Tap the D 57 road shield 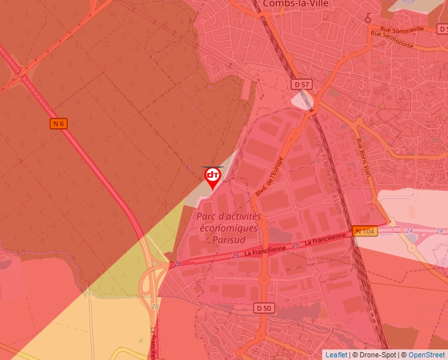point(302,84)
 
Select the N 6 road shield point(59,123)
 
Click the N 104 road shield point(365,231)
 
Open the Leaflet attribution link point(336,355)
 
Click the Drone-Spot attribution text point(377,355)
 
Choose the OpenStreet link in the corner point(428,355)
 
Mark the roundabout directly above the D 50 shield point(264,279)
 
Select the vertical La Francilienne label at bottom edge point(154,343)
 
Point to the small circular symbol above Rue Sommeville point(368,18)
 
